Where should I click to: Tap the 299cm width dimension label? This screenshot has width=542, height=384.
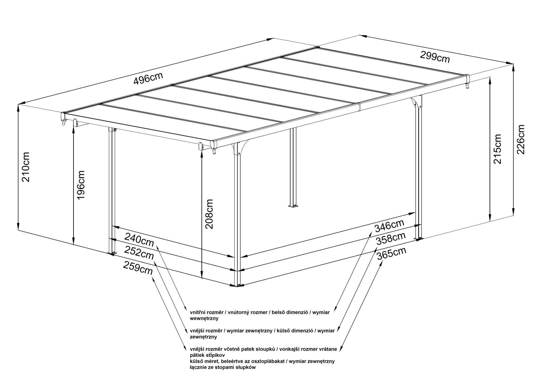coord(435,57)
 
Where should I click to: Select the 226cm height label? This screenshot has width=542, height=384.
coord(521,139)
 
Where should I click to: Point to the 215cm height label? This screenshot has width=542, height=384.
coord(497,149)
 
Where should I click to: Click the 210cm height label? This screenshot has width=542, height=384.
coord(25,166)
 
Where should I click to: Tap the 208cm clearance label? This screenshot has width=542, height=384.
coord(208,214)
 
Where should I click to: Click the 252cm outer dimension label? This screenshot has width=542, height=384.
coord(139,253)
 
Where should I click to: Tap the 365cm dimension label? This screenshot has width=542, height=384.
coord(391,253)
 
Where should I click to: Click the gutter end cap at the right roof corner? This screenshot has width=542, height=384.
coord(467,79)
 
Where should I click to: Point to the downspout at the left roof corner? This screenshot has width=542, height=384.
coord(63,123)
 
